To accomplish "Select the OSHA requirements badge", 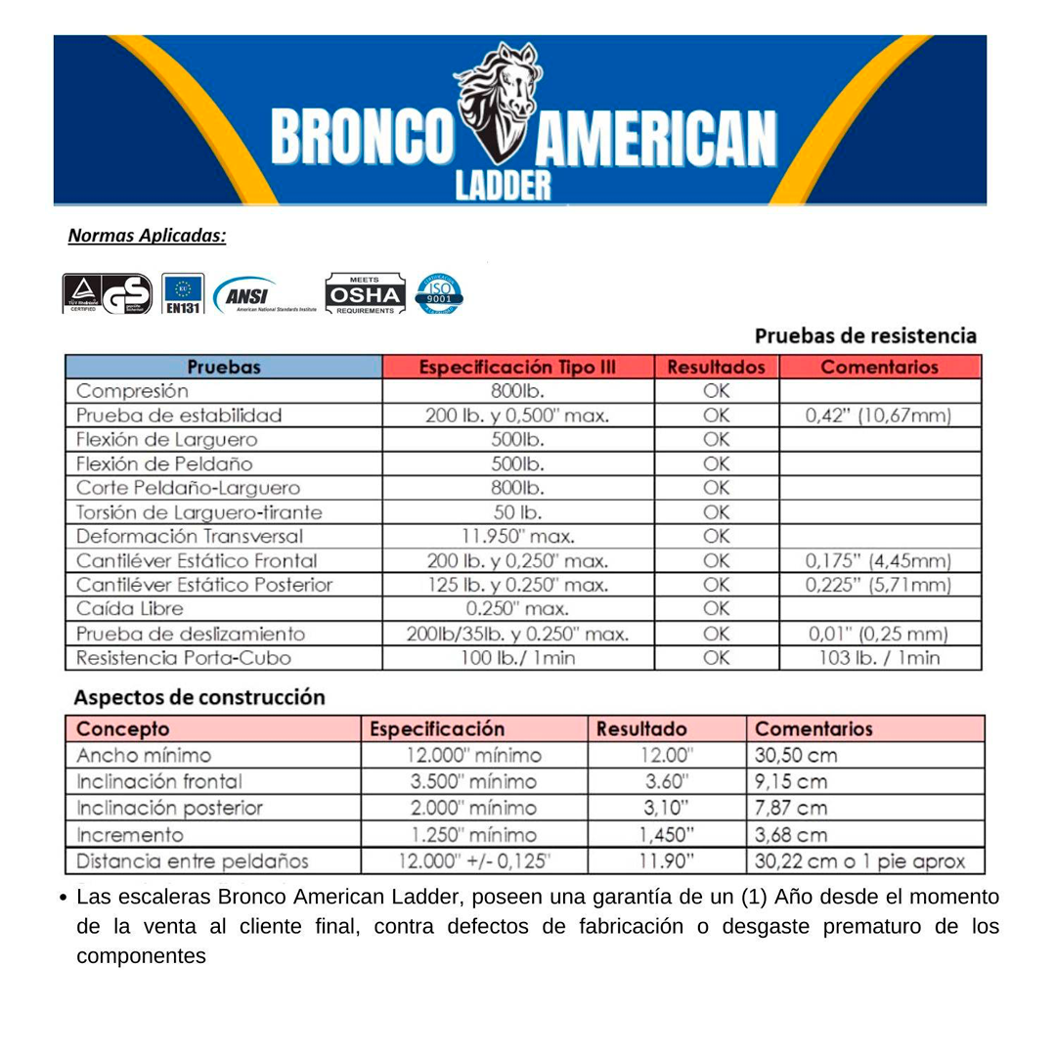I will [x=363, y=293].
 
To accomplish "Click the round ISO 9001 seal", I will [x=439, y=293].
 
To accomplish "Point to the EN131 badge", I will [x=183, y=294].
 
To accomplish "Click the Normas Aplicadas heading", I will [x=147, y=236].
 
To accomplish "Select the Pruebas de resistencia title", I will [x=865, y=336].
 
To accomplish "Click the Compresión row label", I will [x=133, y=391].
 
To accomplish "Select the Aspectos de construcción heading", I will [x=199, y=698].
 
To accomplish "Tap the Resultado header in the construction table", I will [x=640, y=729].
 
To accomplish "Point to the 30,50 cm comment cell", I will [x=796, y=756].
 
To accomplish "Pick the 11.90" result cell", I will [x=668, y=861].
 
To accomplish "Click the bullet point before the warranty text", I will [x=63, y=898].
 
